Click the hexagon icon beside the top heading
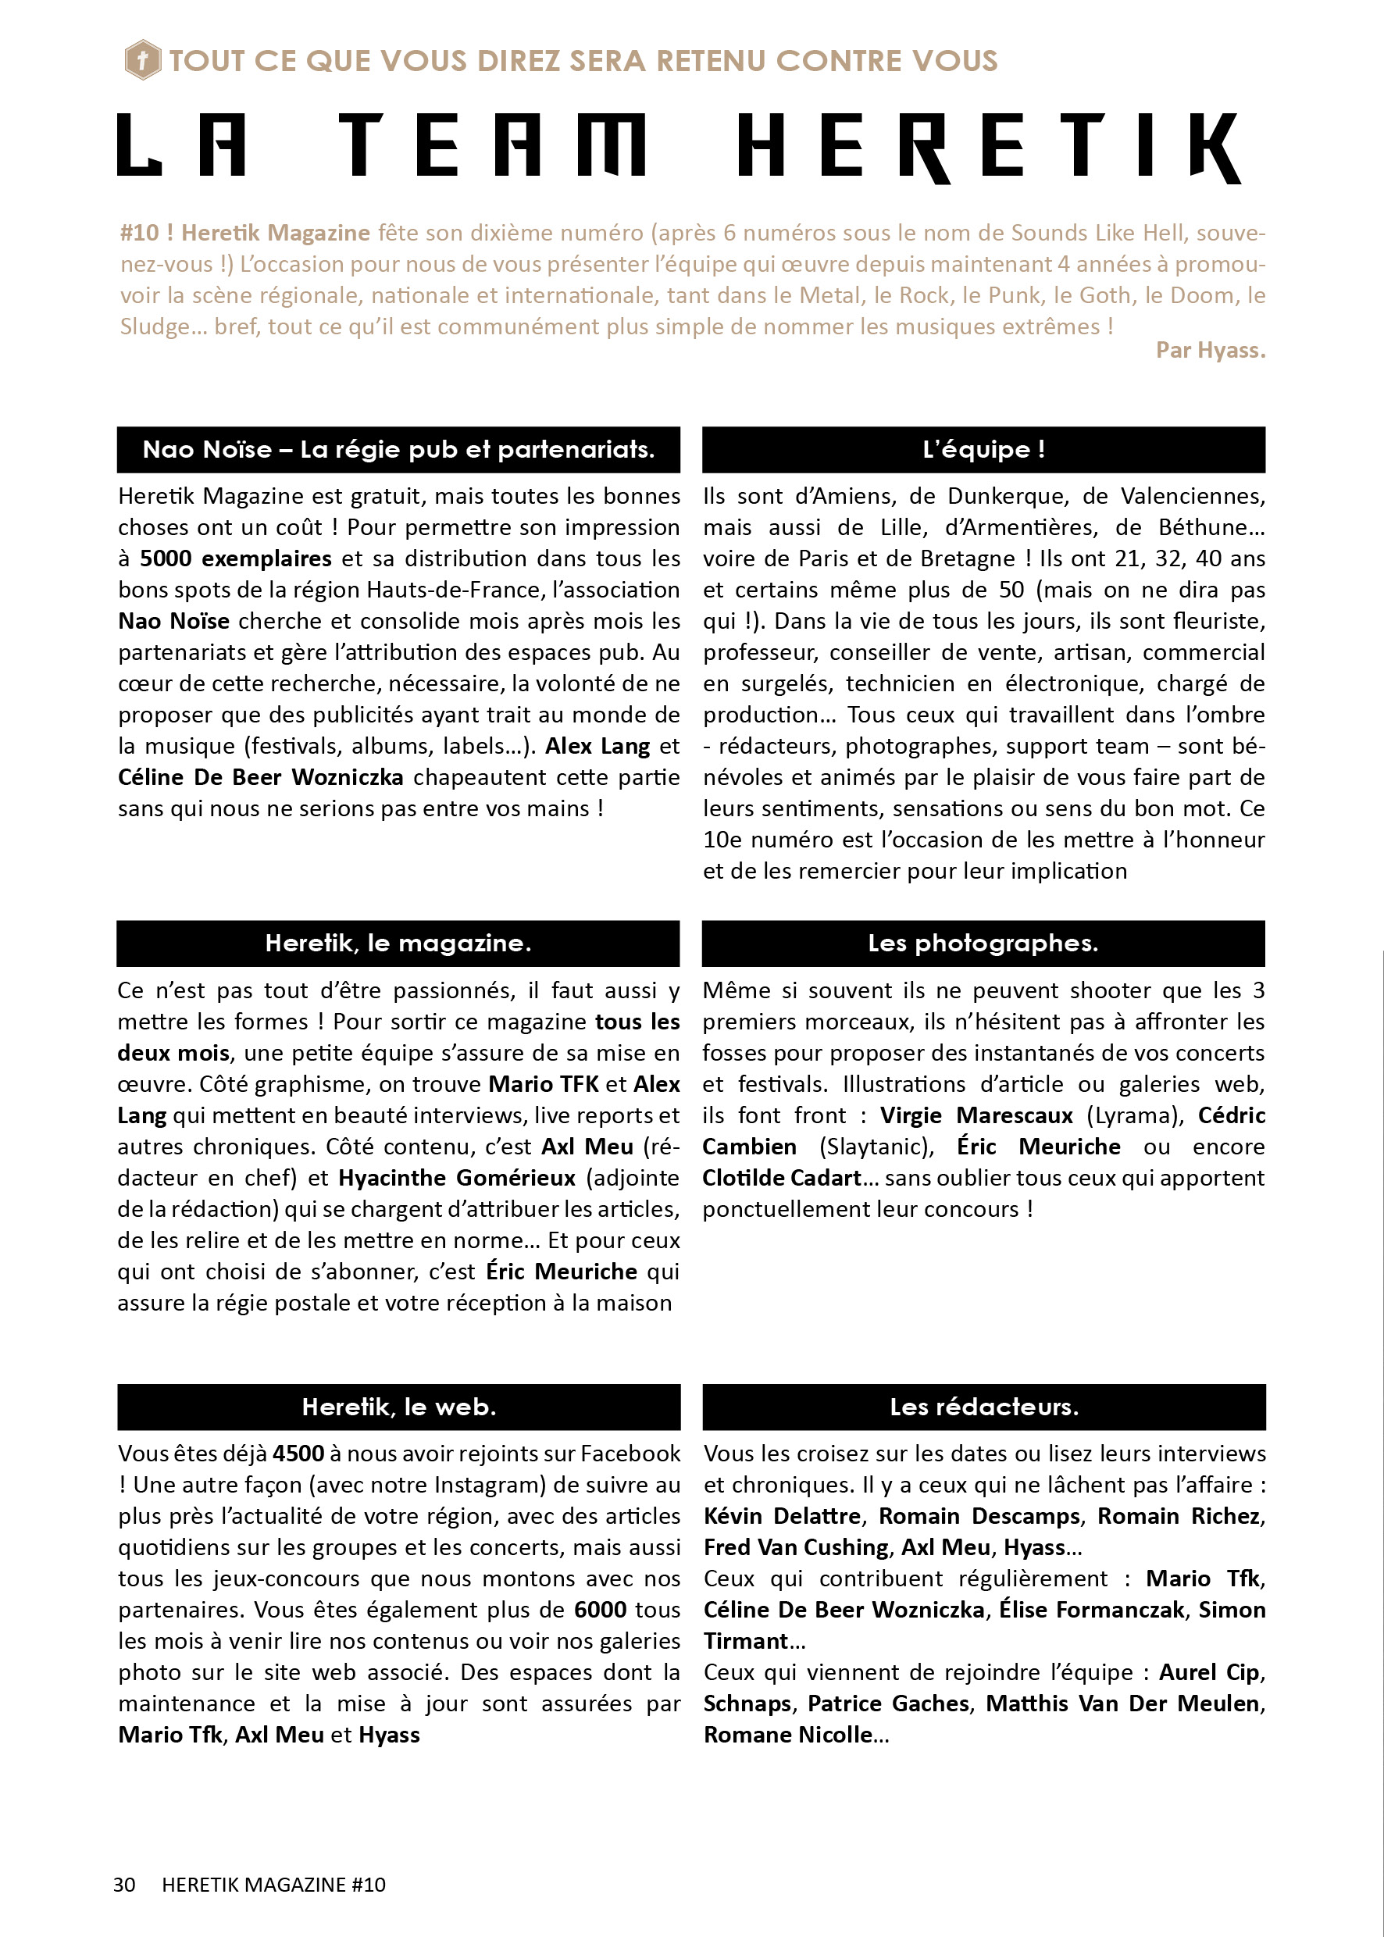pos(142,60)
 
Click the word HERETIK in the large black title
pos(989,147)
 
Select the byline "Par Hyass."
pos(1209,350)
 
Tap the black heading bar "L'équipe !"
pos(983,450)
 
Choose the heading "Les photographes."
pos(983,944)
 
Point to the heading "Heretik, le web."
pos(399,1407)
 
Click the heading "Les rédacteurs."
pos(983,1407)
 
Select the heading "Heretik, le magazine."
pos(398,944)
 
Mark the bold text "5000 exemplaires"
pos(235,559)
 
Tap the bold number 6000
pos(600,1610)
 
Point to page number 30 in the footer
pos(124,1884)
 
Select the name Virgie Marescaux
pos(976,1115)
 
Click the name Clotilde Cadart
pos(782,1179)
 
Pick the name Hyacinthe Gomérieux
pos(457,1179)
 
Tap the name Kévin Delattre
pos(783,1516)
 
